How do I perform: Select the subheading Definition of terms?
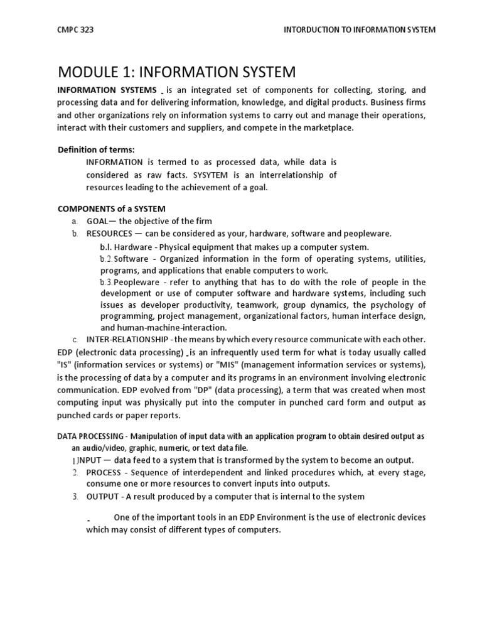(96, 149)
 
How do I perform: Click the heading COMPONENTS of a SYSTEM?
(112, 208)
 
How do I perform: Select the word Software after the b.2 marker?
(132, 259)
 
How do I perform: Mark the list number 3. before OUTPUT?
(75, 497)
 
